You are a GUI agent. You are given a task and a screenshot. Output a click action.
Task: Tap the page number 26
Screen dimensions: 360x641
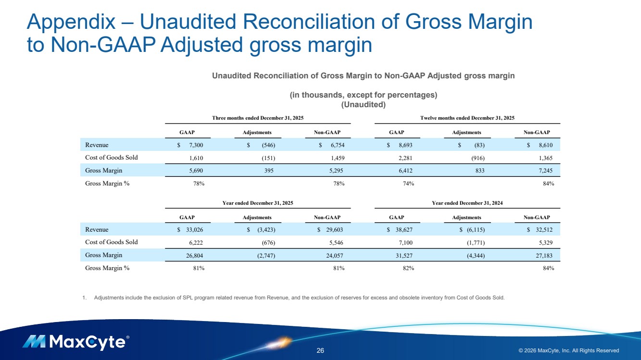(x=320, y=350)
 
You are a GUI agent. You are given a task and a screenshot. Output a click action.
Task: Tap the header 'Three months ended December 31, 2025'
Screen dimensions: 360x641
(x=258, y=118)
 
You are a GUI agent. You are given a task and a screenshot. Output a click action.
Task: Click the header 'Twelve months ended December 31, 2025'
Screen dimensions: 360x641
(x=467, y=118)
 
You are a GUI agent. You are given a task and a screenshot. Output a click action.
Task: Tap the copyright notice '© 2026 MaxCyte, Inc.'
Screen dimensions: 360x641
(x=568, y=350)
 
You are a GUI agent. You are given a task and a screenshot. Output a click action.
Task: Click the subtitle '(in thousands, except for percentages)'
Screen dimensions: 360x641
(x=363, y=95)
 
